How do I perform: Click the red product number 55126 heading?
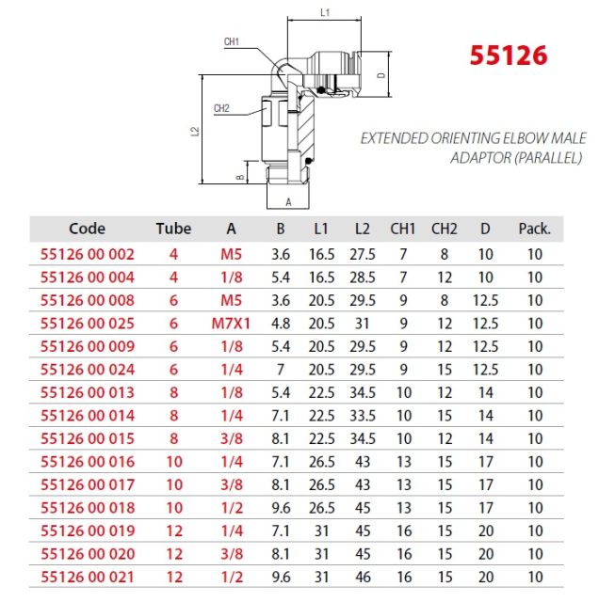point(509,55)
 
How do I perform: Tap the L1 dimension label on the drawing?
point(325,12)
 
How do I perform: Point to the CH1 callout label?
point(232,41)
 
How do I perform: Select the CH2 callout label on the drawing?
point(221,108)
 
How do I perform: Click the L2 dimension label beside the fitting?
point(195,131)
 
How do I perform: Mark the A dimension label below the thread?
point(288,202)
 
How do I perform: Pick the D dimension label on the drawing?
point(381,75)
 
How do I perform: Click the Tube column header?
point(173,229)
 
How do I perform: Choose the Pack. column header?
point(534,229)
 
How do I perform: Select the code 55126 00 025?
point(88,324)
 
